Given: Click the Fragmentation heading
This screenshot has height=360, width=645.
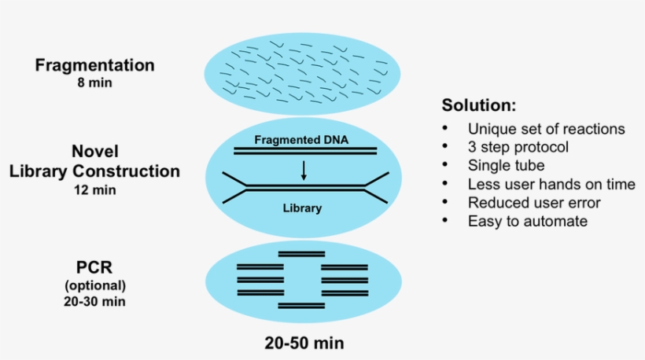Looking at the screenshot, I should click(x=94, y=64).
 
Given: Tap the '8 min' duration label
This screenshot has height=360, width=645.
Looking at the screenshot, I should click(x=94, y=82).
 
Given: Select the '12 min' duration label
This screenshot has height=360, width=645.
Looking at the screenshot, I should click(x=94, y=189).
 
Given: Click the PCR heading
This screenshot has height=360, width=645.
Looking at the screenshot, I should click(x=94, y=267).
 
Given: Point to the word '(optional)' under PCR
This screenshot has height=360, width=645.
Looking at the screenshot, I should click(x=94, y=285).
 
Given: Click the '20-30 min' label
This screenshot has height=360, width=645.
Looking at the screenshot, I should click(x=94, y=301).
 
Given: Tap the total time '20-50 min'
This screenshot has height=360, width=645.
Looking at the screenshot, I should click(x=304, y=343).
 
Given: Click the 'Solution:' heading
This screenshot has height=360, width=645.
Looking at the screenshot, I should click(x=478, y=105).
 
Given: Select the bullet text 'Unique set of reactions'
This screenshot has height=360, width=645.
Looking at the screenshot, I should click(x=546, y=129).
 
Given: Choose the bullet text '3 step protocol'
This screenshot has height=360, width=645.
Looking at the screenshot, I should click(x=518, y=147).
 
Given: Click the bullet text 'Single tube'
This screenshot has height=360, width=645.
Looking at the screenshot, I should click(x=506, y=165).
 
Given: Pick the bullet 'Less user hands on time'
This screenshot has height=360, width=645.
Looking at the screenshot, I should click(x=551, y=184).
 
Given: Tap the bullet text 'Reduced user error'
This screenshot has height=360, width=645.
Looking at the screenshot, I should click(x=534, y=203).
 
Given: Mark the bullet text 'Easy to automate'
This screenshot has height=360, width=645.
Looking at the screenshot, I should click(x=527, y=221).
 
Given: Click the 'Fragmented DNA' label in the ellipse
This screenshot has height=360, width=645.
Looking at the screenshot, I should click(x=302, y=141).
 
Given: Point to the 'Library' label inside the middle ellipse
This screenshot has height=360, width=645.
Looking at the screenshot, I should click(x=303, y=208).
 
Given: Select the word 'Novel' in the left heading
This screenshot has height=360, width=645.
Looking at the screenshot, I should click(x=94, y=151).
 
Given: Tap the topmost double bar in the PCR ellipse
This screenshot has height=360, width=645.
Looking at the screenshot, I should click(x=301, y=254).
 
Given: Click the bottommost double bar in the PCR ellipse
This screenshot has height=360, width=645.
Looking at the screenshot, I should click(x=301, y=305).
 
